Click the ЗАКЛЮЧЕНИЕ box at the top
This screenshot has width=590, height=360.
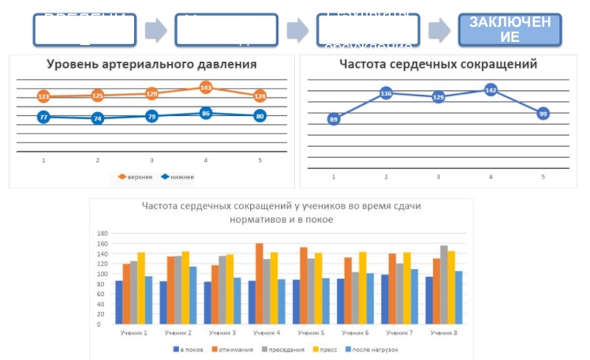coord(510,29)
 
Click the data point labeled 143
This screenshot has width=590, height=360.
coord(206,88)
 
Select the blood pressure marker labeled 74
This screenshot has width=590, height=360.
coord(97,118)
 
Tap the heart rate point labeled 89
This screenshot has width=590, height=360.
coord(334,120)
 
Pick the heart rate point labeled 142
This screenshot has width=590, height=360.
coord(491,89)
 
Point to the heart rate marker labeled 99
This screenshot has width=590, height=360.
coord(543,114)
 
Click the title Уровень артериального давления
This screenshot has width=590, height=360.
coord(151,64)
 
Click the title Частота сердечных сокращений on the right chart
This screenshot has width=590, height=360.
coord(438,64)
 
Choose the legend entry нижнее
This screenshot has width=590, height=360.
coord(169,176)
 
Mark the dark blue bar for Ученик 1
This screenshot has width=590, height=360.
coord(119,302)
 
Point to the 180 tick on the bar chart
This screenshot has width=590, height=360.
coord(103,233)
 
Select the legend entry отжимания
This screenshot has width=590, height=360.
coord(232,349)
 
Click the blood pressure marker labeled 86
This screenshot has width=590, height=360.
coord(206,114)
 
